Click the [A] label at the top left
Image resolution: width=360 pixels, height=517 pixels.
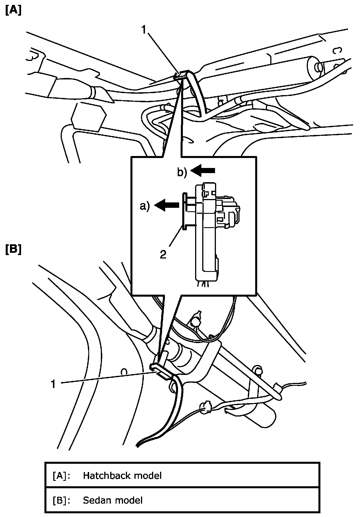click(x=13, y=11)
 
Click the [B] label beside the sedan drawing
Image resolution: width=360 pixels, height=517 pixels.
click(x=13, y=249)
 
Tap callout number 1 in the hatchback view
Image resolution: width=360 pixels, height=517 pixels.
click(x=144, y=30)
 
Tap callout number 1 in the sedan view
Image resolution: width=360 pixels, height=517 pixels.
click(x=53, y=384)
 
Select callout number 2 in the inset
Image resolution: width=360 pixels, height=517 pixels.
click(x=163, y=254)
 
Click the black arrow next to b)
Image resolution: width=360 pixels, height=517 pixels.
click(x=203, y=170)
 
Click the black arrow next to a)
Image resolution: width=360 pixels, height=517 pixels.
click(x=167, y=205)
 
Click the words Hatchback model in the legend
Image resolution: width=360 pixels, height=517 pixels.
click(x=122, y=475)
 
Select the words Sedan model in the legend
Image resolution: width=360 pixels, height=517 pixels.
click(x=113, y=500)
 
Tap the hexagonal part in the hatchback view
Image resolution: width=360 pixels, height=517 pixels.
click(x=88, y=116)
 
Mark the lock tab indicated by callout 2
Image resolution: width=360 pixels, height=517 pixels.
click(x=184, y=211)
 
